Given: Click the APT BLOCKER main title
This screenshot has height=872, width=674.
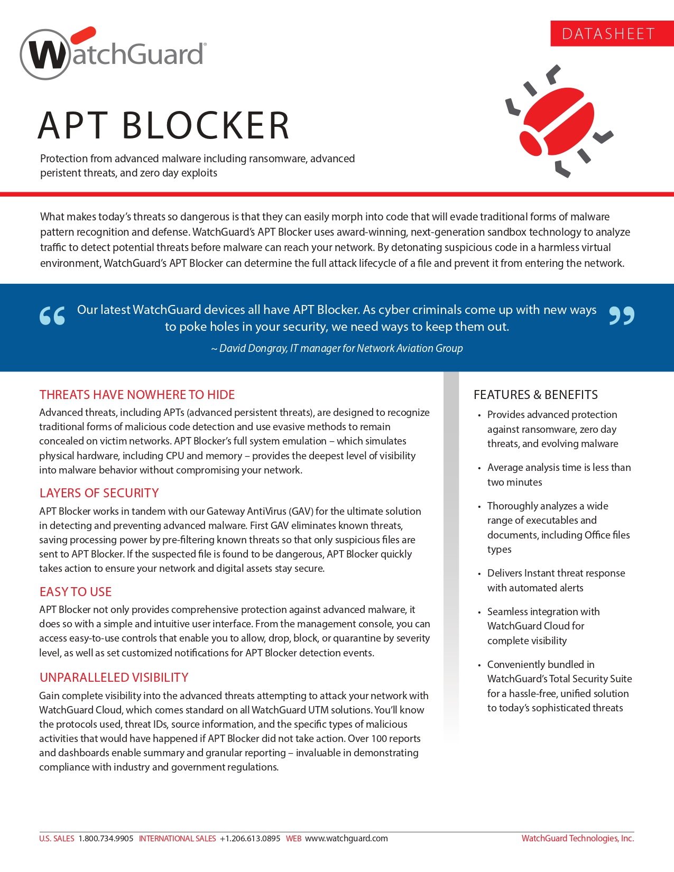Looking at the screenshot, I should pos(164,126).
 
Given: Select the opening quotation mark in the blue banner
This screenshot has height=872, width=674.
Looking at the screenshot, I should pos(52,316).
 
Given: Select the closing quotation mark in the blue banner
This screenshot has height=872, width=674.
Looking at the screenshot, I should pos(622,316).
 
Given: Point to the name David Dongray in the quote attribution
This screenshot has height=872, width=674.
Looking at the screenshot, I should pos(253,348).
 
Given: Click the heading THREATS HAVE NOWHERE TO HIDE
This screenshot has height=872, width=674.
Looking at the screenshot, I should pos(137,395).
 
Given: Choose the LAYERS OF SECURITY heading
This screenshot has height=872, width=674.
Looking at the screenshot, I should pos(99,493).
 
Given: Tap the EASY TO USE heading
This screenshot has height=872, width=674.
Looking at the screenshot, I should pos(76,592).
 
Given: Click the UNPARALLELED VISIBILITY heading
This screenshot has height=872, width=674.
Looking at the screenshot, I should pos(114,678).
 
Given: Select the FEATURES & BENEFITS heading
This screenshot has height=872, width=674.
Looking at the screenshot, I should pos(535,395).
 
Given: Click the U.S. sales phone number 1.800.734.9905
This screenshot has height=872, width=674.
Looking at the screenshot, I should pos(106,838).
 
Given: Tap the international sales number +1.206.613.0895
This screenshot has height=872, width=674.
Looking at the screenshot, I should pos(250,838).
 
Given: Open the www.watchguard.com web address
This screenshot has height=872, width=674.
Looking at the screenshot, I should pos(346,838).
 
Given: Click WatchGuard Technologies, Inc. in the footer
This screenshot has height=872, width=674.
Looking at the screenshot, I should pos(577,838).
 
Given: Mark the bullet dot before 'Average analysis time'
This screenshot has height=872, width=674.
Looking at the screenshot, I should pos(479,468).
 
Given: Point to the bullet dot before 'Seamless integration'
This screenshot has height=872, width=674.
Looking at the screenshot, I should pos(479,613).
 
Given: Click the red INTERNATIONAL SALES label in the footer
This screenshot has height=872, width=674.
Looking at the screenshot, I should pos(177,838).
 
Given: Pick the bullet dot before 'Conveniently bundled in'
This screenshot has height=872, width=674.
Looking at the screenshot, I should pos(479,665).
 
